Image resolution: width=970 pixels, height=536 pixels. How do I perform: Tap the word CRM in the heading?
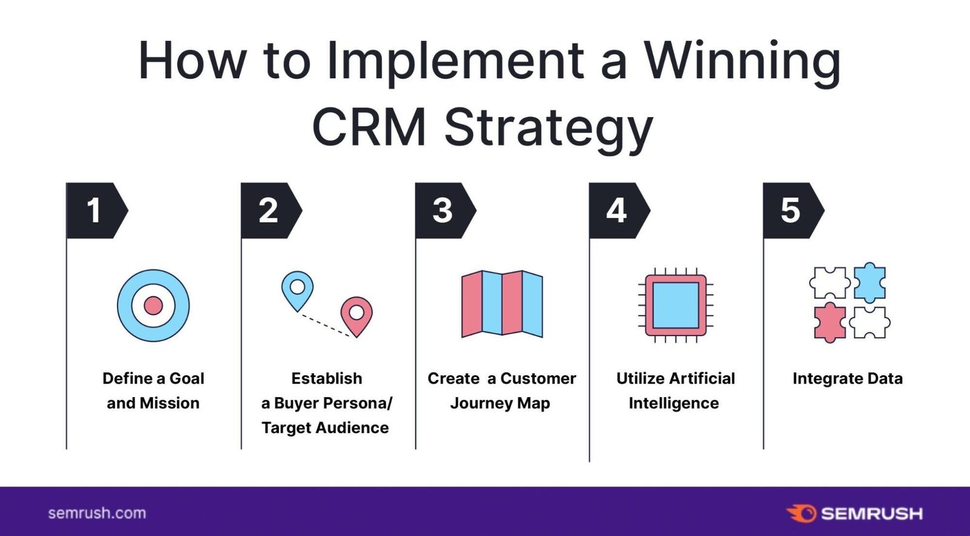369,127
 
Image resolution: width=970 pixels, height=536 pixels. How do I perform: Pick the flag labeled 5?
791,210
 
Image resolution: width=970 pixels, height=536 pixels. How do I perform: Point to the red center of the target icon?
153,306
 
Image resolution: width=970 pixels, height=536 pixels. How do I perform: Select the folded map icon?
502,304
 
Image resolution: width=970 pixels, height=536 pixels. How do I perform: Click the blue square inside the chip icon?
675,305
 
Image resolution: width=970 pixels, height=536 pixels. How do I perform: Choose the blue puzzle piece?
869,283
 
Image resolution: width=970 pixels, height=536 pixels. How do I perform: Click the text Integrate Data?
847,378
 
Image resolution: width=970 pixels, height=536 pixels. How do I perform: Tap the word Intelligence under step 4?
674,403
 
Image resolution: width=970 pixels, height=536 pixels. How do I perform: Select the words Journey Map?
500,403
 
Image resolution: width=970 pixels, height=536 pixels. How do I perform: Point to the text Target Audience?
325,428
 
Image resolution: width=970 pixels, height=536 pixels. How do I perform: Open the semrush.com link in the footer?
97,513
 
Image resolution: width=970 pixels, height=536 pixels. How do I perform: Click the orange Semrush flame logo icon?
802,513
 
